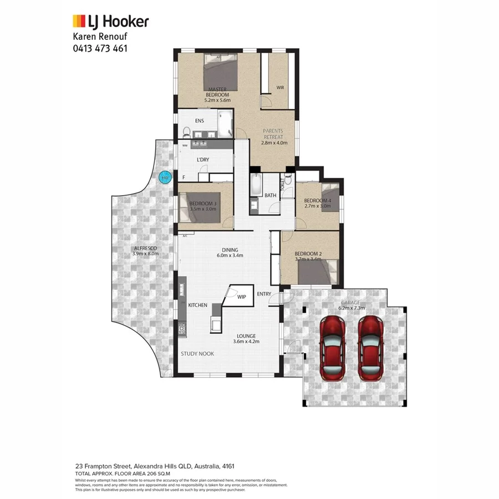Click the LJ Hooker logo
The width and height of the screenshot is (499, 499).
pos(110,22)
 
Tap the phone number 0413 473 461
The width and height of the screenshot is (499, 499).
pos(100,48)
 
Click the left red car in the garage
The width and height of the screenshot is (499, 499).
pos(333,347)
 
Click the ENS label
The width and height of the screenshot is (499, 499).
pos(199,120)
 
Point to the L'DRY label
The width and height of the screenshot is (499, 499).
pos(202,160)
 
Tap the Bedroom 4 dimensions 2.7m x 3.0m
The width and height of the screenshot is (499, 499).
pos(317,206)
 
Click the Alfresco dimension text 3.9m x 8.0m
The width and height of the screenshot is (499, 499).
pos(145,254)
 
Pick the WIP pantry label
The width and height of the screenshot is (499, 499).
pos(242,297)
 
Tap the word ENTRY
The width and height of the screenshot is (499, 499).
pos(264,294)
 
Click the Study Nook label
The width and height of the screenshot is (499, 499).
pos(197,353)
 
